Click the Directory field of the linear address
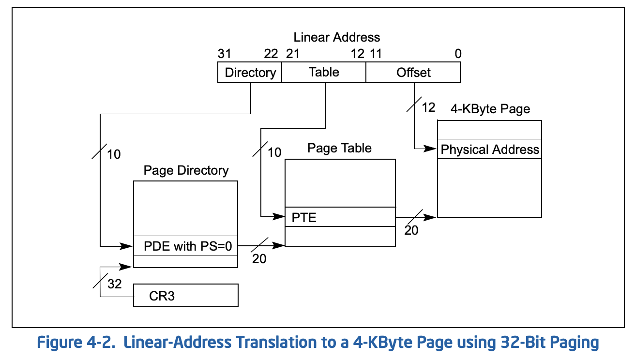250,72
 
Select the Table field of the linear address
324,72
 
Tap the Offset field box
413,72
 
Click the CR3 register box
186,295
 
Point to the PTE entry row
340,217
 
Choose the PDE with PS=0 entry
185,246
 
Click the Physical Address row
490,149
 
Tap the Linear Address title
336,37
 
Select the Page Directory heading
186,170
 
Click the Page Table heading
339,148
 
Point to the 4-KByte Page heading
490,109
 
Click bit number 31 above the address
224,54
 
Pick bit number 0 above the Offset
458,54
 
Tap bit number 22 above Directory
271,54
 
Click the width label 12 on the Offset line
428,107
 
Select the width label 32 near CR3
115,284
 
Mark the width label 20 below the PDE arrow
259,259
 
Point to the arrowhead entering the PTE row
278,217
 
